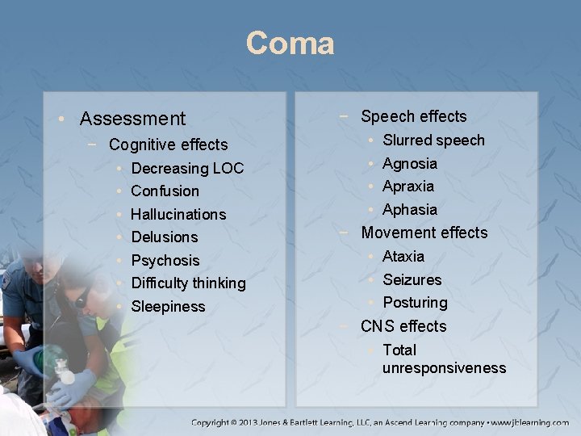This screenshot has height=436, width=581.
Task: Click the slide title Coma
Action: coord(290,43)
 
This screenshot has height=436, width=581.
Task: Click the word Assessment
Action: coord(132,119)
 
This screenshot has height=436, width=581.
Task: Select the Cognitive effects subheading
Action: coord(168,145)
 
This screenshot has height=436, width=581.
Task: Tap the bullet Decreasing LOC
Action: coord(187,169)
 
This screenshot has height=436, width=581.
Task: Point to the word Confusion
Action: coord(165,191)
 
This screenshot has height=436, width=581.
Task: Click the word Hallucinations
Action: coord(178,215)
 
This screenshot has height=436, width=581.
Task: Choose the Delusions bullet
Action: coord(164,237)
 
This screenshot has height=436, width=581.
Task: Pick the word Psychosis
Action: coord(165,261)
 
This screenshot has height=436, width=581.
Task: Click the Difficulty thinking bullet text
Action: coord(188,283)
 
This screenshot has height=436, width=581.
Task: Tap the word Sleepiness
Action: coord(168,307)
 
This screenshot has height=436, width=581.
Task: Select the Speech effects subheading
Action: coord(413,116)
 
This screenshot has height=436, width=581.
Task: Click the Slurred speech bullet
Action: coord(433,140)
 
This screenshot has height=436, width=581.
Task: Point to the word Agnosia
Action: coord(410,164)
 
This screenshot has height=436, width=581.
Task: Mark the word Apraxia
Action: coord(408,187)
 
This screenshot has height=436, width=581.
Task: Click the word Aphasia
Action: coord(410,210)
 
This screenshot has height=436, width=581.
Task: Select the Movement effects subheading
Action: coord(424,233)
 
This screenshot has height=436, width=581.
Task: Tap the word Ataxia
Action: coord(403,257)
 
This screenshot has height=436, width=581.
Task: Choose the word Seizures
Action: coord(412,280)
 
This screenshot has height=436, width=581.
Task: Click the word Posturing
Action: coord(415,303)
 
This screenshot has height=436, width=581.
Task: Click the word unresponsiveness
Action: coord(444,369)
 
